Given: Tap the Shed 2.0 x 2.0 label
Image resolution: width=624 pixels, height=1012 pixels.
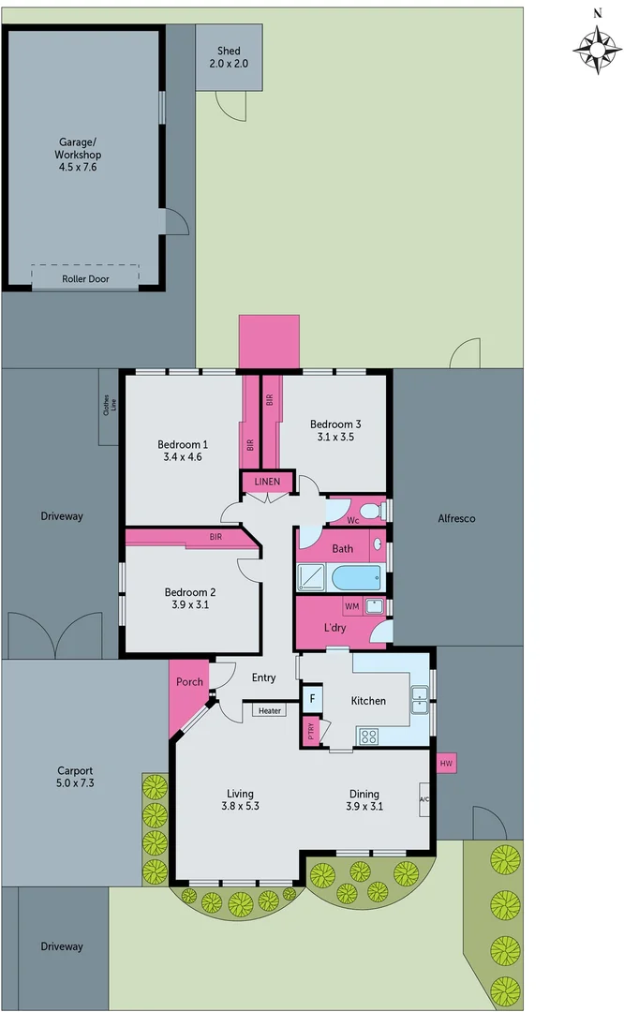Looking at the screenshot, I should pyautogui.click(x=229, y=57).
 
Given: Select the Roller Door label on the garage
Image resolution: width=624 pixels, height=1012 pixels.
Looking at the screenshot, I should pyautogui.click(x=85, y=279).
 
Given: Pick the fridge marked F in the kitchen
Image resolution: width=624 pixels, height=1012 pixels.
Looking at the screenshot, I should pyautogui.click(x=311, y=700).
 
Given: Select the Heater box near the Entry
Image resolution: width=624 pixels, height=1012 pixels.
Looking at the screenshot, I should pyautogui.click(x=270, y=711).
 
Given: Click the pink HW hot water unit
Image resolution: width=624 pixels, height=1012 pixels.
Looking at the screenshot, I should pyautogui.click(x=446, y=764).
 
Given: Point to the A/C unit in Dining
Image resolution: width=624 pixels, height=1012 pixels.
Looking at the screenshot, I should pyautogui.click(x=424, y=800).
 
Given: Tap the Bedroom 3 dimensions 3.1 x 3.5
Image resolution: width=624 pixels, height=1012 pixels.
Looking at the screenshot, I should pyautogui.click(x=335, y=437).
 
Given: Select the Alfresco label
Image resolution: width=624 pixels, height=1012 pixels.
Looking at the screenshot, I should pyautogui.click(x=457, y=518).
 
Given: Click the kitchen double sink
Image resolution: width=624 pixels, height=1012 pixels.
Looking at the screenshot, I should pyautogui.click(x=421, y=695).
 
